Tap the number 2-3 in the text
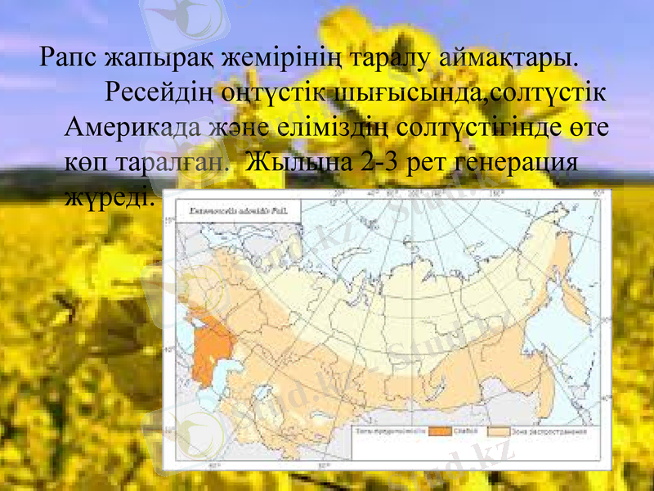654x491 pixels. coord(377,162)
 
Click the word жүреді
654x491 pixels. coord(107,197)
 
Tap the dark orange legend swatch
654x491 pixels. coord(442,431)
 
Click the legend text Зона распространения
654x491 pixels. coord(549,431)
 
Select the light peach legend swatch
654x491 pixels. coord(498,431)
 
